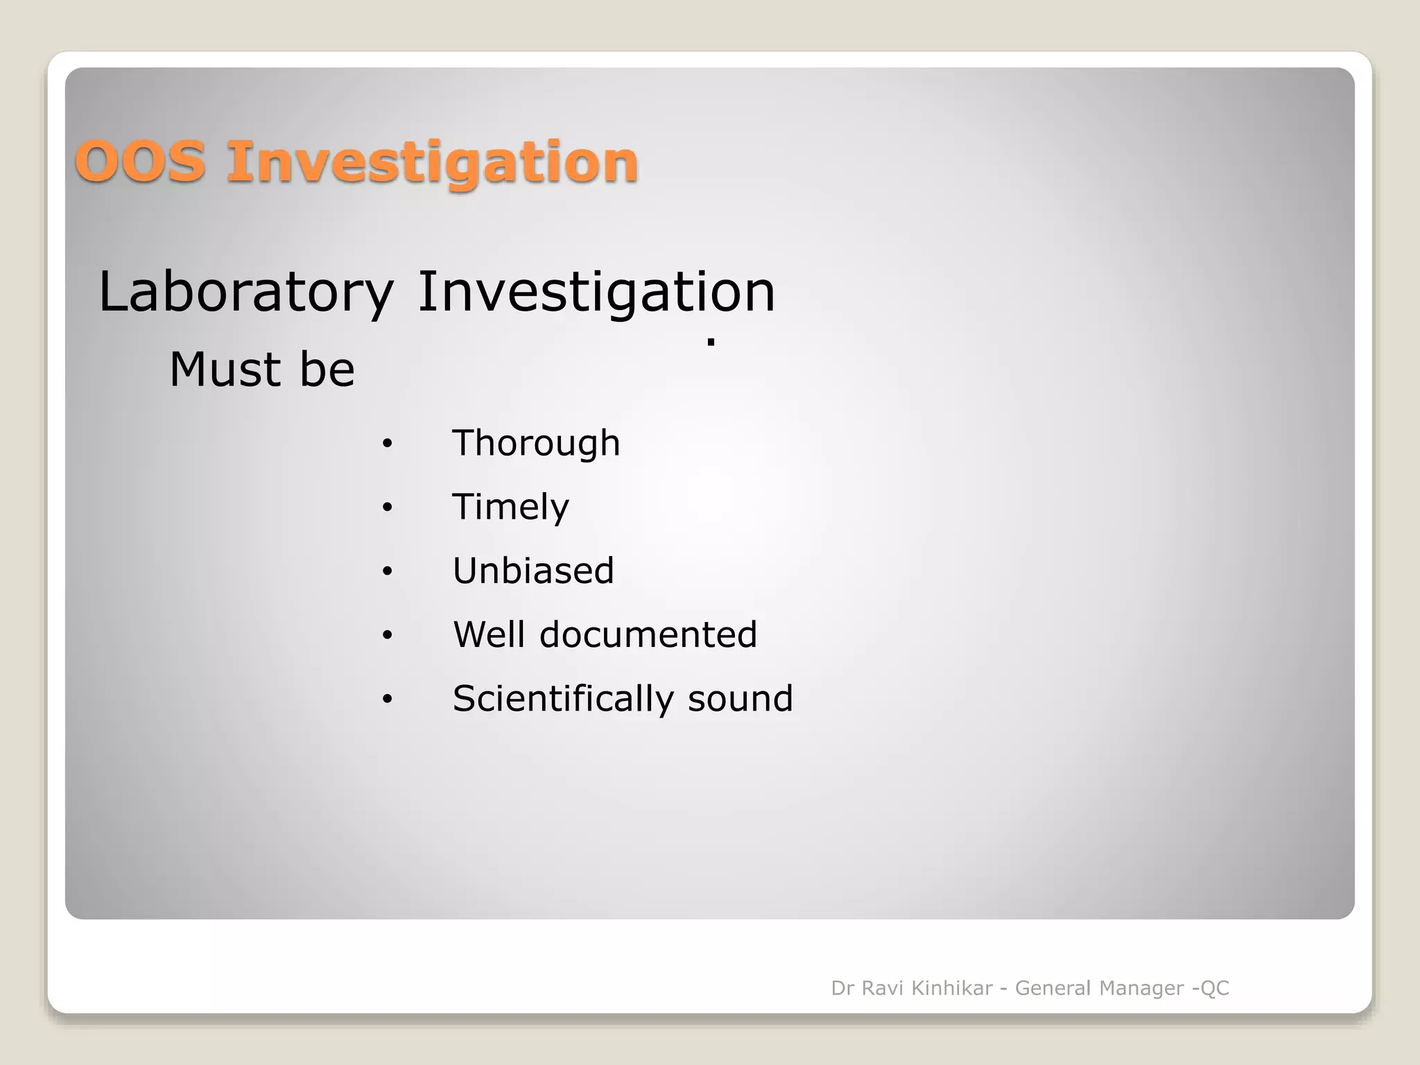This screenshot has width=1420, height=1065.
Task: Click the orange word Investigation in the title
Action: pos(432,163)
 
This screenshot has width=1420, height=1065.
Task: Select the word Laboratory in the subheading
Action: pos(246,293)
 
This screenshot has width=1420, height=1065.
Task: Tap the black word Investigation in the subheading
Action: pos(596,293)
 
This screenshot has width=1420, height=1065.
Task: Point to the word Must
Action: pos(224,370)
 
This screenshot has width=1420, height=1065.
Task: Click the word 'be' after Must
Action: pos(327,370)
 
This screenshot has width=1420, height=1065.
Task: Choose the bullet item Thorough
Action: pos(536,444)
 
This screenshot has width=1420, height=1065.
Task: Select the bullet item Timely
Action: pos(511,508)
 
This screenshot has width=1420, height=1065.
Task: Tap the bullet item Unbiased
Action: pos(533,571)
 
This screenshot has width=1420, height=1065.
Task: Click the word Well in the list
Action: pos(488,635)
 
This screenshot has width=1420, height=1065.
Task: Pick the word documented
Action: pos(648,635)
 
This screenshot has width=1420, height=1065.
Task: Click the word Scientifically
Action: pos(563,699)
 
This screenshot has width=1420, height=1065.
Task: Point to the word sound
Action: pos(740,699)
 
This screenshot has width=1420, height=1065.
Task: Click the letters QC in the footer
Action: pos(1214,988)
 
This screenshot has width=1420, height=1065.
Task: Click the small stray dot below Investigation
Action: pos(711,342)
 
